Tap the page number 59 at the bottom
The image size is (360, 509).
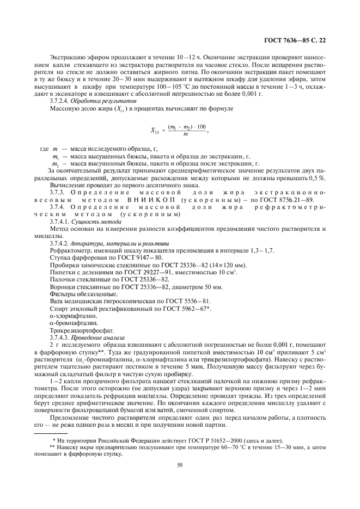coord(179,465)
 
